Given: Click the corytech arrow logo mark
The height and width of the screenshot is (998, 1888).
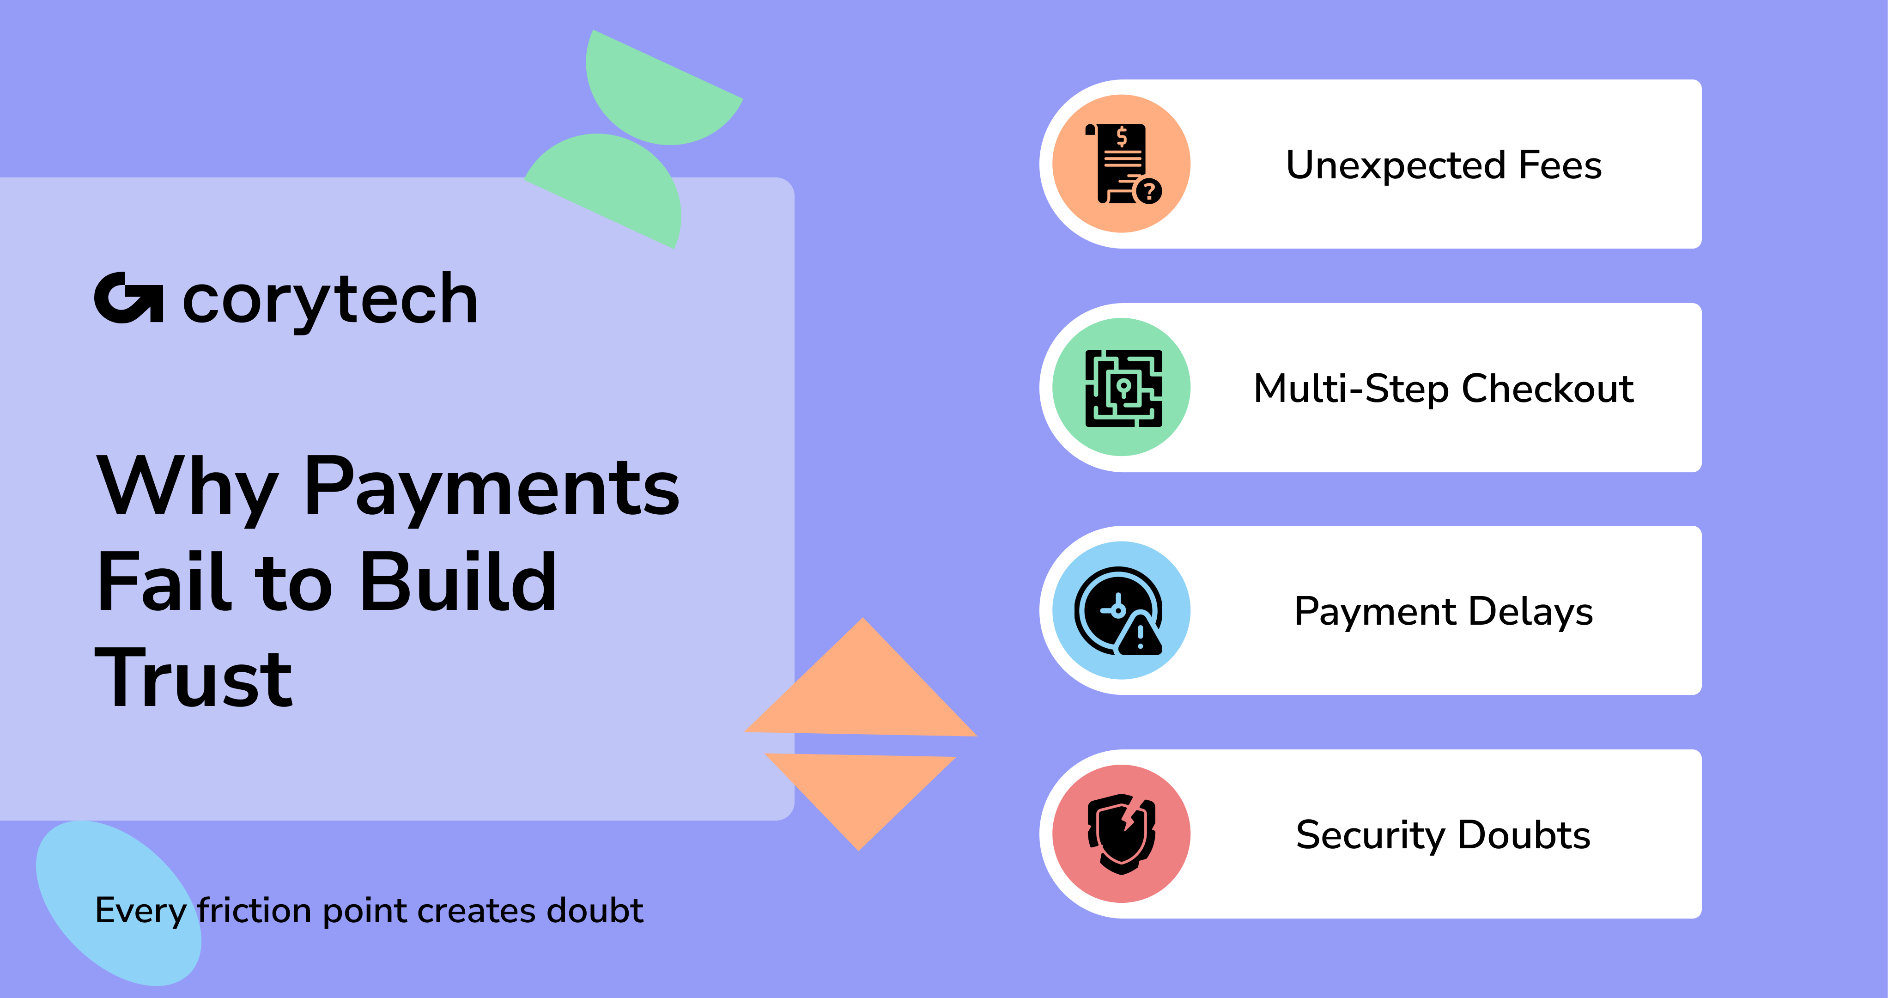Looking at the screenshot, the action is pos(128,298).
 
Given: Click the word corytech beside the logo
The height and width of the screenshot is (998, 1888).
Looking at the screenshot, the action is pos(330,301).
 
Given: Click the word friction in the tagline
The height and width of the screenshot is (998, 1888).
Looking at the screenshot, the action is pos(255,910).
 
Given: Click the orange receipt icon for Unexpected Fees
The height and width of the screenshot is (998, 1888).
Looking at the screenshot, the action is pos(1121,164).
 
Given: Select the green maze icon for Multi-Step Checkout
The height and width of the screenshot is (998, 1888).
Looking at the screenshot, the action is pos(1121,387).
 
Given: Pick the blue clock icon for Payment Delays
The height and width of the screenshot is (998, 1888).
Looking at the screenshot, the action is pos(1121,610).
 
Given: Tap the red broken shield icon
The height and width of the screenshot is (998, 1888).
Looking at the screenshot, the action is pos(1121,834).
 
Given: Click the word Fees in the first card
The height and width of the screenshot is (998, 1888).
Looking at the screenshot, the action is pos(1560,165).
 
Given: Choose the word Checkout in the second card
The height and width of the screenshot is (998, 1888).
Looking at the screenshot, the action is pos(1548,388).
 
